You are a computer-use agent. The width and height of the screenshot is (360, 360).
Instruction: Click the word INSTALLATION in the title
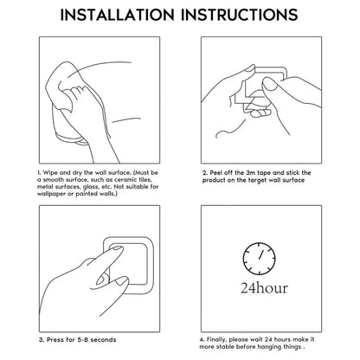pyautogui.click(x=117, y=15)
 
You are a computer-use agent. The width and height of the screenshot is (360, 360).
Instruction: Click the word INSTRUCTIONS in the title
pyautogui.click(x=240, y=15)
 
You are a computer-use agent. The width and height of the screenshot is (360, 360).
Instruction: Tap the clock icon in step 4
pyautogui.click(x=259, y=259)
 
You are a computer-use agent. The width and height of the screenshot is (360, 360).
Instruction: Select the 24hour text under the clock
pyautogui.click(x=264, y=288)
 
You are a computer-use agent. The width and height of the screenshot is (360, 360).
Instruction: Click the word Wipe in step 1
pyautogui.click(x=50, y=173)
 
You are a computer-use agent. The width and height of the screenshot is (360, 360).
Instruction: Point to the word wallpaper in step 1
pyautogui.click(x=51, y=194)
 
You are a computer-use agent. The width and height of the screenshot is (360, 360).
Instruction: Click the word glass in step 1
pyautogui.click(x=90, y=187)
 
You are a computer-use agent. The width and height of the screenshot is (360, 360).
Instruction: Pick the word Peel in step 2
pyautogui.click(x=216, y=173)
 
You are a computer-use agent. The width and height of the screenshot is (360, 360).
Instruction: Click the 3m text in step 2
pyautogui.click(x=250, y=173)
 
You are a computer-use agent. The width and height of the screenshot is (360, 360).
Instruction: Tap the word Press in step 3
pyautogui.click(x=55, y=340)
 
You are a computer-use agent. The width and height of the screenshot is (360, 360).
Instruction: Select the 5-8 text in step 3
pyautogui.click(x=82, y=340)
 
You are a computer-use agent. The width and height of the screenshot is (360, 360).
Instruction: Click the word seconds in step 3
pyautogui.click(x=103, y=340)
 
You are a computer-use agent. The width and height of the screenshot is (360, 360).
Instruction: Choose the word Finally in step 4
pyautogui.click(x=216, y=340)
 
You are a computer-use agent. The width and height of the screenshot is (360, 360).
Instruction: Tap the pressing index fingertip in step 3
pyautogui.click(x=118, y=249)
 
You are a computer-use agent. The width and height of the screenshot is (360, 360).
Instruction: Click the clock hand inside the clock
pyautogui.click(x=261, y=254)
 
